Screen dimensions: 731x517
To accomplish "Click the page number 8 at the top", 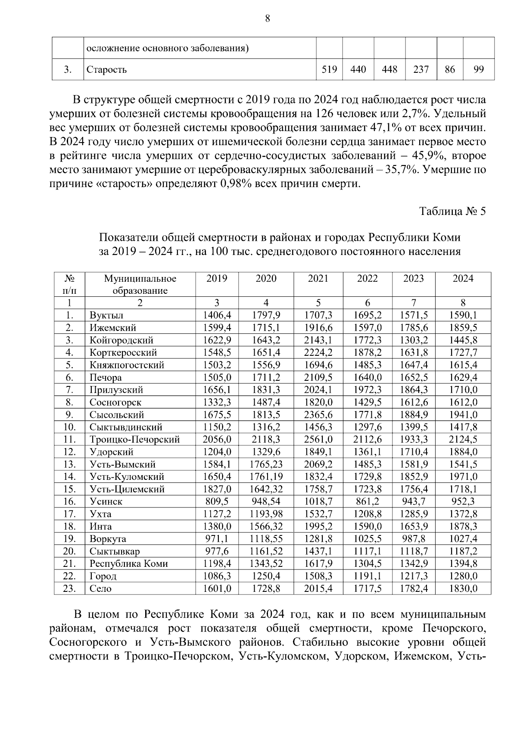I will [268, 18].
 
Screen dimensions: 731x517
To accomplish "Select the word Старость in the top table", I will [106, 69].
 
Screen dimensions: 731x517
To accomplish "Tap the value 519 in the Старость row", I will [329, 69].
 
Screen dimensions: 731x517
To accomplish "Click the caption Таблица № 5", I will [452, 212].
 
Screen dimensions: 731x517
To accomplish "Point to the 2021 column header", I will [318, 279].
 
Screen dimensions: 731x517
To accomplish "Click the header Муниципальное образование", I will [140, 284].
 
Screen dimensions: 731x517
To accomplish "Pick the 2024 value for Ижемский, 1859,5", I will [463, 328].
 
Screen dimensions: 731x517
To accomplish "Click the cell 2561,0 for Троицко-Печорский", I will [318, 439].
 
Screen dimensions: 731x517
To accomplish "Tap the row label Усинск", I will [106, 501].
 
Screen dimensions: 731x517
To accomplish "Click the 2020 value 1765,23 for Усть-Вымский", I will [266, 464].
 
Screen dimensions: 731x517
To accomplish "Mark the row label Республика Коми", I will [128, 563].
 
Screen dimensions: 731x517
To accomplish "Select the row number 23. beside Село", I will [69, 588].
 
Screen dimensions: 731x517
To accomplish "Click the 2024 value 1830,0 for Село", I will [463, 588].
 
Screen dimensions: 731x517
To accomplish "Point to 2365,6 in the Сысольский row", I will [318, 415].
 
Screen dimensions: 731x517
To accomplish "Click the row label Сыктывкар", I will [115, 551].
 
